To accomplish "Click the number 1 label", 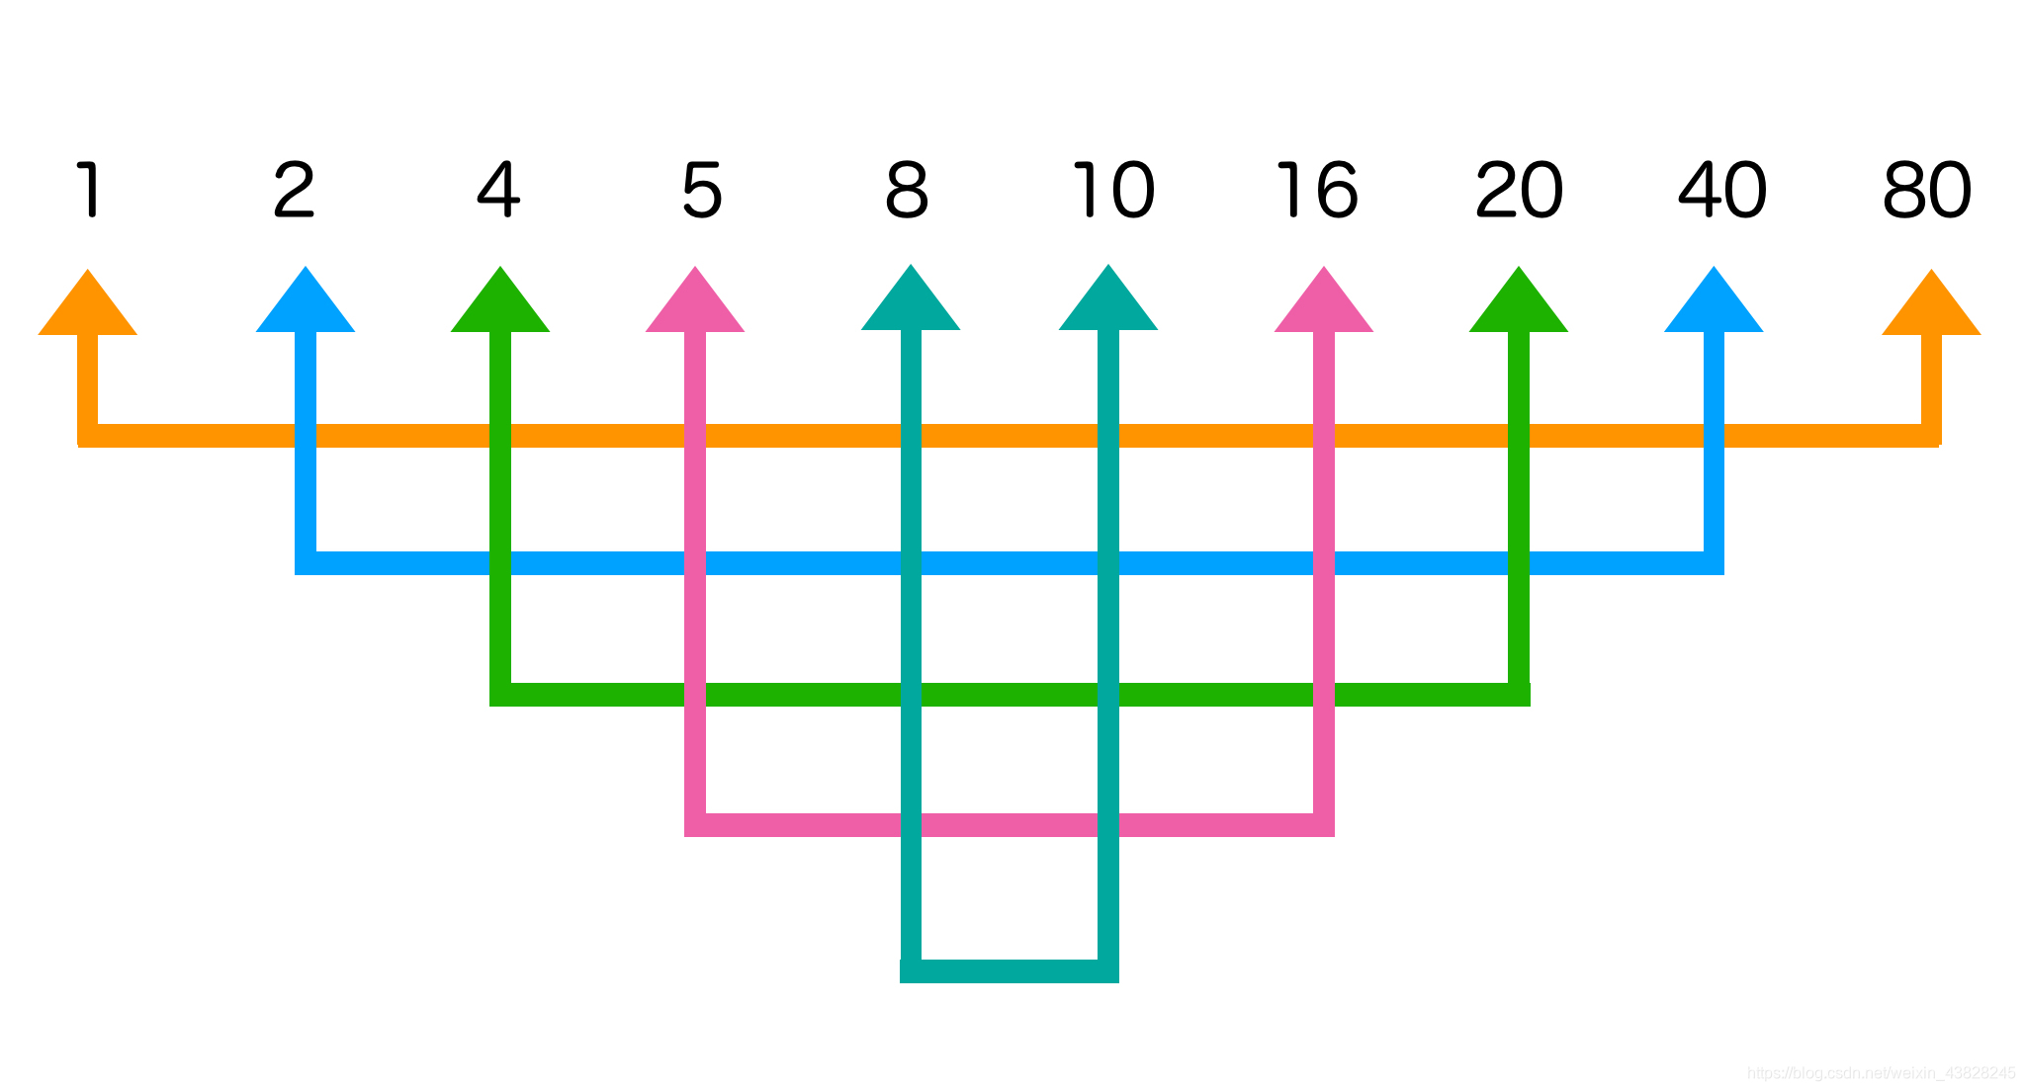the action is pos(90,190).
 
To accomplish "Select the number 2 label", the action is pos(294,190).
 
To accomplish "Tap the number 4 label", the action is pos(498,190).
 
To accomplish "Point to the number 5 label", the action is pos(702,191).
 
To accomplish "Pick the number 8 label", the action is pos(907,190).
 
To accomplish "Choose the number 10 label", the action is pos(1113,190).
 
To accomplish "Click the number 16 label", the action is pos(1317,190).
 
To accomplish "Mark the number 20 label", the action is pos(1519,190).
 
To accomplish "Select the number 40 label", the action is pos(1722,190).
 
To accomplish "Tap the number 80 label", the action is pos(1927,190).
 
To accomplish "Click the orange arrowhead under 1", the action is pos(88,308).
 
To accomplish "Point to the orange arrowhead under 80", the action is pos(1931,308).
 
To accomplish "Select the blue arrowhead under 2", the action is pos(306,305).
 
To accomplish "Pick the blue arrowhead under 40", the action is pos(1714,305).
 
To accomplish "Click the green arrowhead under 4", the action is pos(500,305).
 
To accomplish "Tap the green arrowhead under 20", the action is pos(1519,305).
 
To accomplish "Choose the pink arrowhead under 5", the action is pos(695,305).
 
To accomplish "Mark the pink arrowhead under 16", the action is pos(1324,305).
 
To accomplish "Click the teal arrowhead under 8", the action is pos(911,303).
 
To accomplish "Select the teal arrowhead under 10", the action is pos(1108,303).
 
